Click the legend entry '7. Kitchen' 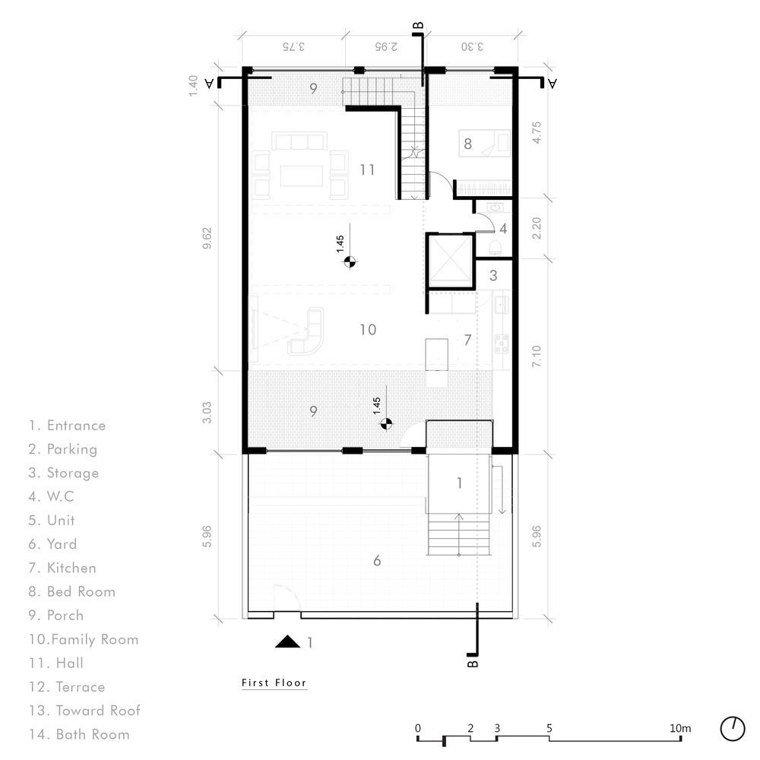pyautogui.click(x=62, y=568)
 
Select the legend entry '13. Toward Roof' pyautogui.click(x=84, y=710)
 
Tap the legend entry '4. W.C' pyautogui.click(x=51, y=496)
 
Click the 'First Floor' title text pyautogui.click(x=274, y=682)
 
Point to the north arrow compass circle pyautogui.click(x=733, y=729)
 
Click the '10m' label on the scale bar pyautogui.click(x=680, y=728)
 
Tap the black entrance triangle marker pyautogui.click(x=287, y=641)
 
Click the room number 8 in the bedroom pyautogui.click(x=467, y=144)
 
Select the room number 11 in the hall pyautogui.click(x=367, y=169)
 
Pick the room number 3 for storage pyautogui.click(x=493, y=276)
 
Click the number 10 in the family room pyautogui.click(x=368, y=330)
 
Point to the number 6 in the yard pyautogui.click(x=377, y=561)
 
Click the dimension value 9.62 pyautogui.click(x=207, y=238)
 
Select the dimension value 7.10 pyautogui.click(x=536, y=356)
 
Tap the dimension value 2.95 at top pyautogui.click(x=386, y=46)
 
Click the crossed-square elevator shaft pyautogui.click(x=451, y=258)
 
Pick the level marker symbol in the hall pyautogui.click(x=350, y=261)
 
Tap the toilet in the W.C pyautogui.click(x=496, y=247)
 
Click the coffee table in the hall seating pyautogui.click(x=302, y=176)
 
